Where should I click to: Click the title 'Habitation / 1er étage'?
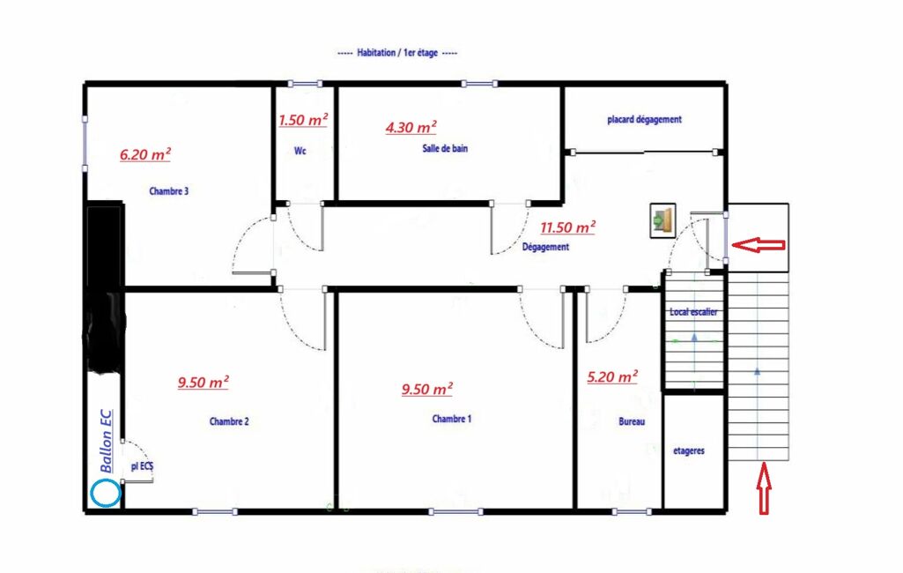(397, 53)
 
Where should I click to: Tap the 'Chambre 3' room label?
(169, 190)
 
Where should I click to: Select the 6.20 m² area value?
(145, 154)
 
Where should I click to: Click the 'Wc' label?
(300, 151)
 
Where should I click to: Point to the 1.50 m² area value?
(303, 119)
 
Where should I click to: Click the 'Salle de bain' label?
(445, 148)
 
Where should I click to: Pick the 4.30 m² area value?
(411, 127)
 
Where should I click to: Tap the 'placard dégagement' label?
(644, 119)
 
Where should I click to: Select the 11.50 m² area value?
(568, 227)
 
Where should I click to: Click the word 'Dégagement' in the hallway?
(545, 247)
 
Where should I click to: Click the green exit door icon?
(662, 220)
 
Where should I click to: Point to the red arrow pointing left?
(759, 245)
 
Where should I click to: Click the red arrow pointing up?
(764, 488)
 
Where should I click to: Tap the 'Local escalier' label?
(693, 312)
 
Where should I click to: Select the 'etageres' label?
(689, 450)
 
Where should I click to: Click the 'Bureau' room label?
(632, 421)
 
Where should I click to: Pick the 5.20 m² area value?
(612, 377)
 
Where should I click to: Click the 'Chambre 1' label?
(452, 419)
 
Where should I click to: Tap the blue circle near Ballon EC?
(106, 494)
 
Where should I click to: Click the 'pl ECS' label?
(142, 465)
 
